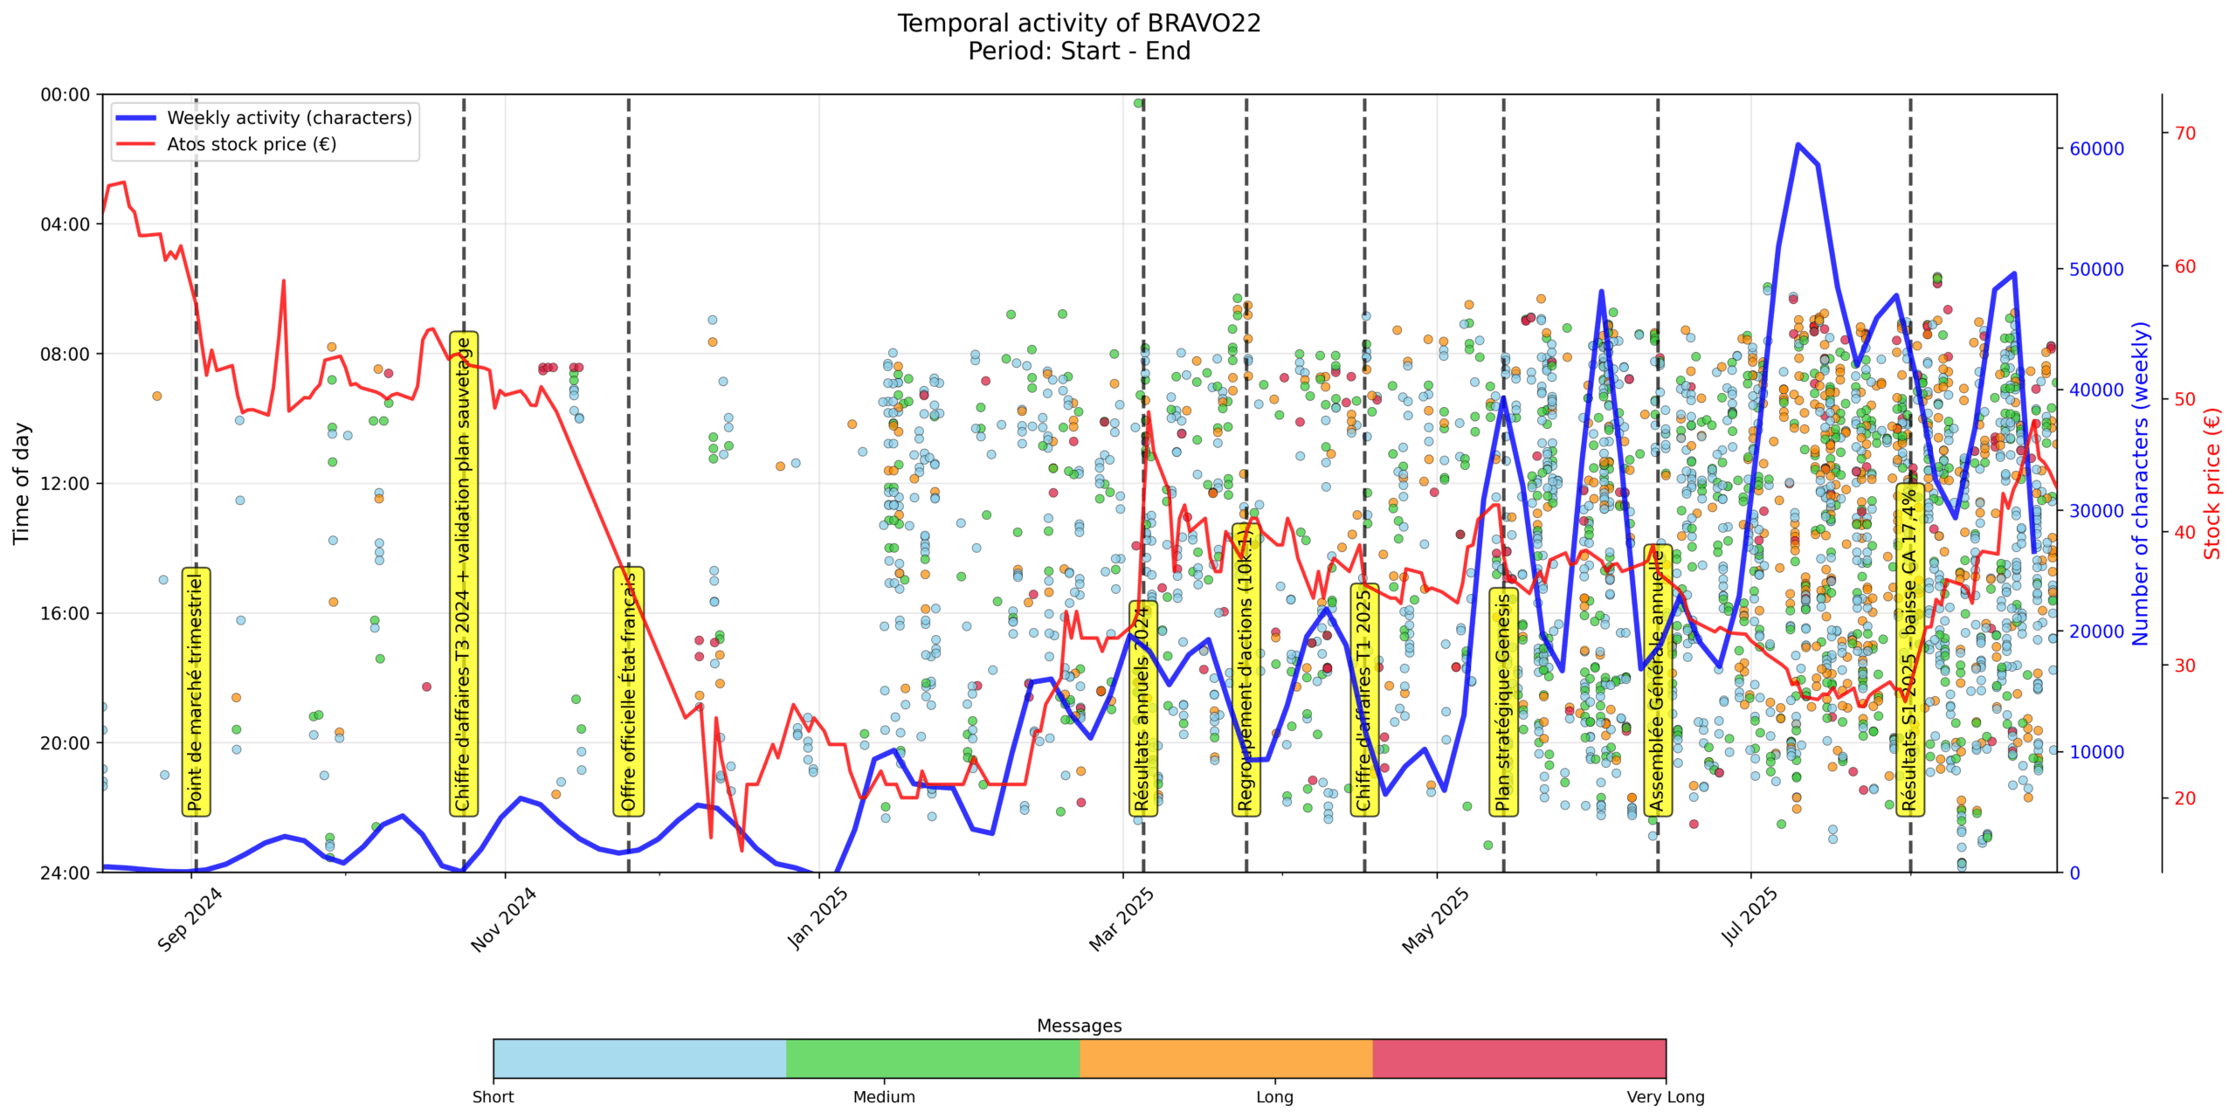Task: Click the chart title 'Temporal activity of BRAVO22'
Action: coord(1079,24)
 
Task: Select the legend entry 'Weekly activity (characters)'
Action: coord(289,118)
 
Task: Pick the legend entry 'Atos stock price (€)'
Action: coord(252,144)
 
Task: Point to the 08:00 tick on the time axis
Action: coord(66,354)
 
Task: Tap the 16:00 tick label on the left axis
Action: coord(66,613)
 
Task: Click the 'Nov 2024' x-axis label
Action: coord(504,920)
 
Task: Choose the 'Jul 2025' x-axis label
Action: coord(1749,917)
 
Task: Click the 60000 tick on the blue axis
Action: coord(2096,148)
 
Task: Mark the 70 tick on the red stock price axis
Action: coord(2184,134)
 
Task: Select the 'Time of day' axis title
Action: coord(21,483)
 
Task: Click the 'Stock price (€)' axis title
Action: coord(2212,483)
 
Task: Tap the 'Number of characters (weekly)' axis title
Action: coord(2140,483)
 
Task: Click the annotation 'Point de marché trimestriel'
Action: coord(196,691)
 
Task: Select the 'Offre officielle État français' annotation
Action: coord(628,691)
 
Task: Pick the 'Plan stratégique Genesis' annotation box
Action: coord(1503,701)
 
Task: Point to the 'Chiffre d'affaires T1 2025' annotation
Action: coord(1364,700)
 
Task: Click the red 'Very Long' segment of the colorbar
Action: coord(1519,1058)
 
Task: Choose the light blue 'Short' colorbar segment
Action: coord(639,1058)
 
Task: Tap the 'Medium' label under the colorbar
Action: coord(884,1097)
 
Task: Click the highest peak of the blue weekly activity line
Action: coord(1798,144)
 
